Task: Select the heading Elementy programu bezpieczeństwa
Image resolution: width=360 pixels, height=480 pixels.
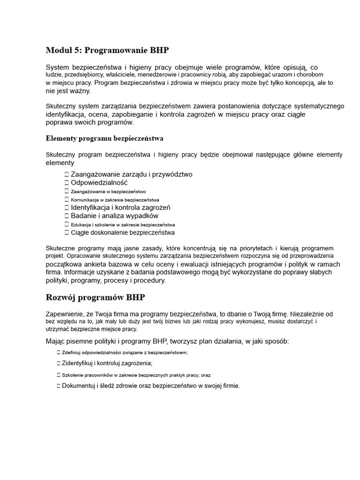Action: pos(105,138)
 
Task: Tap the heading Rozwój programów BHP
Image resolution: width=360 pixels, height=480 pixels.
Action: pos(95,297)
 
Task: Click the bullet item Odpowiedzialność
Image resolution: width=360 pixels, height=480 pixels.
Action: pos(99,183)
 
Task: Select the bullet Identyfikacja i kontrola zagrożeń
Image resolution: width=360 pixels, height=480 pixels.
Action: pos(120,208)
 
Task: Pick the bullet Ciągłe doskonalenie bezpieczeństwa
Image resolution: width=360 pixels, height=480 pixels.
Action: pos(122,232)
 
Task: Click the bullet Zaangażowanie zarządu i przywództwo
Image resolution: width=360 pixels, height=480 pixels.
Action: pos(131,174)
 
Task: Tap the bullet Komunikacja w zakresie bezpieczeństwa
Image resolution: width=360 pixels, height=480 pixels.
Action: pos(115,200)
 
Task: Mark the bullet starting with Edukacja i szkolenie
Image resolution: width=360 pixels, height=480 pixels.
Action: pos(123,225)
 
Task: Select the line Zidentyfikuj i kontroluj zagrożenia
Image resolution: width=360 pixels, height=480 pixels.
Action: pos(107,363)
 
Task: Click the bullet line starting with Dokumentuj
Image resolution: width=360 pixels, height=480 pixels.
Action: pos(150,386)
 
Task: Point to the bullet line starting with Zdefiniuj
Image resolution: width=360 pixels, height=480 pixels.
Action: pos(124,352)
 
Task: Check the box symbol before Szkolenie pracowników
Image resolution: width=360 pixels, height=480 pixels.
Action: pos(58,375)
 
